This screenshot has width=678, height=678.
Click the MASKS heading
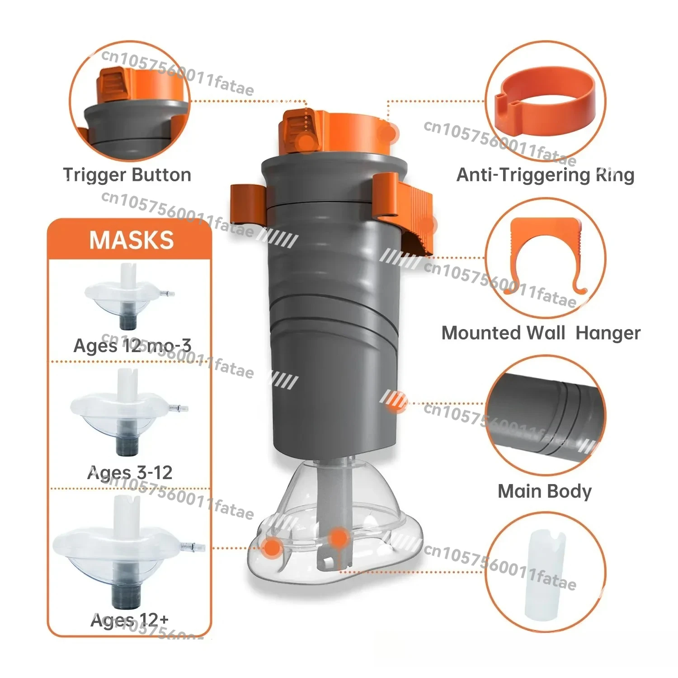pos(131,240)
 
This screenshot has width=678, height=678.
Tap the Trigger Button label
pos(127,175)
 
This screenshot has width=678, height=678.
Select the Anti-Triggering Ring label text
pos(545,175)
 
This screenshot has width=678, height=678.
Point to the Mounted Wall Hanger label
pos(541,333)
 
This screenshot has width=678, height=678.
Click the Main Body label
pos(544,491)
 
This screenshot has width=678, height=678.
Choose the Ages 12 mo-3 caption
pos(132,346)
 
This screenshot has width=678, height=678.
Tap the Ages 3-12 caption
pos(130,473)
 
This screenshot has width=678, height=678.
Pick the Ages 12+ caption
pos(129,620)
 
